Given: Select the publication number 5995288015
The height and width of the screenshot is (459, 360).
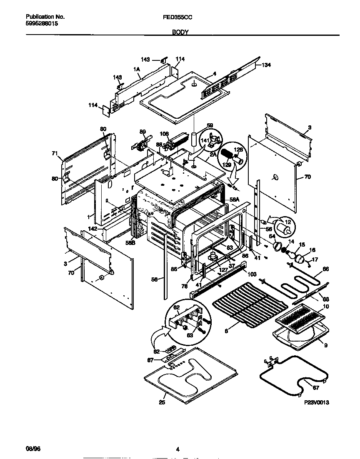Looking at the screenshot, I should click(42, 24).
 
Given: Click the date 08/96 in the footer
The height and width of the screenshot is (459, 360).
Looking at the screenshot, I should click(33, 449).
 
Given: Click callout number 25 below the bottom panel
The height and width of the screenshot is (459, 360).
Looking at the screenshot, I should click(162, 402).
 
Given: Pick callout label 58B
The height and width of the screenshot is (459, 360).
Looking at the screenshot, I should click(130, 242).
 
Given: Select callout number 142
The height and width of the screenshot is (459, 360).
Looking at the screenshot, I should click(92, 229).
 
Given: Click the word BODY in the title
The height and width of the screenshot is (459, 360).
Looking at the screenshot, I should click(180, 32).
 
